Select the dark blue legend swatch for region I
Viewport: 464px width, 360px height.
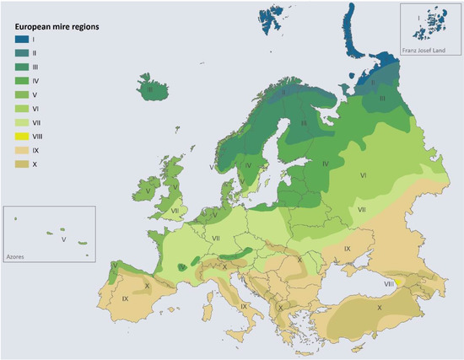[x=21, y=39]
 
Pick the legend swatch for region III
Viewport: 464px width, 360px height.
[x=21, y=66]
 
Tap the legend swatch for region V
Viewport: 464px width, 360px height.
[x=21, y=94]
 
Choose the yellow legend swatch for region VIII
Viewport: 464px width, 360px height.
[x=21, y=135]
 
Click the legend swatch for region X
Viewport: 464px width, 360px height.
[x=21, y=162]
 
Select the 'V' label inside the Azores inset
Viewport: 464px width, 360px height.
[x=63, y=239]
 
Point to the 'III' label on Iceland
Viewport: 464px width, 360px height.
[x=149, y=89]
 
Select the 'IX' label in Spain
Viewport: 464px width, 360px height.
[x=125, y=298]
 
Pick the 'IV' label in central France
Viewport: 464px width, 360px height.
[x=181, y=267]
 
